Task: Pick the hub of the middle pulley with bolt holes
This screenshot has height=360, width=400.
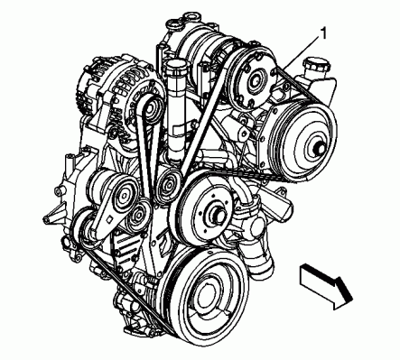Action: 215,214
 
